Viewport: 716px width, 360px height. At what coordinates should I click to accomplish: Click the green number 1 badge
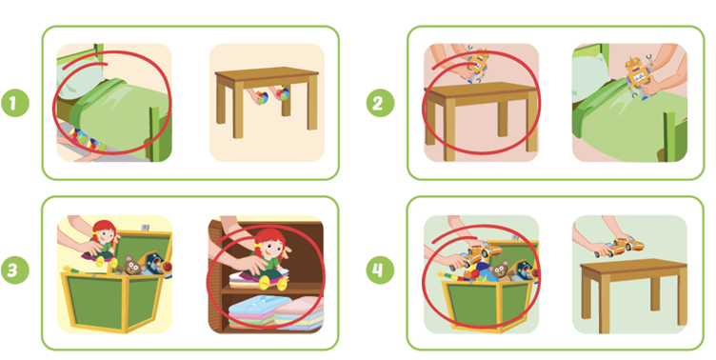(x=14, y=102)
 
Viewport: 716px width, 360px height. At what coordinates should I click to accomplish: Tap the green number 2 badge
(x=380, y=102)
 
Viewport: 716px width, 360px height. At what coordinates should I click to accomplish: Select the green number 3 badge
(x=14, y=270)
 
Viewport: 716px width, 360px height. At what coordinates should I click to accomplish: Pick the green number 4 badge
(x=380, y=270)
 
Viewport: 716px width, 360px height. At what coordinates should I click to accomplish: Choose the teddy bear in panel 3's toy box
(x=131, y=265)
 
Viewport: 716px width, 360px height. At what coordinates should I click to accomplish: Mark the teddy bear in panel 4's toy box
(x=502, y=270)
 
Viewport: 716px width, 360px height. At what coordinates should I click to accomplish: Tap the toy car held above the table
(x=619, y=247)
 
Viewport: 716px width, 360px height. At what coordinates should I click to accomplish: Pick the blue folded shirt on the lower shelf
(x=259, y=310)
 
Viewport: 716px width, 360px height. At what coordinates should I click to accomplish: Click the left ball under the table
(x=262, y=97)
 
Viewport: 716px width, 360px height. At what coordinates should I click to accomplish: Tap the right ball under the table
(x=282, y=94)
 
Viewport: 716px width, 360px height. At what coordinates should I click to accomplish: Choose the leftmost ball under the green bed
(x=77, y=136)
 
